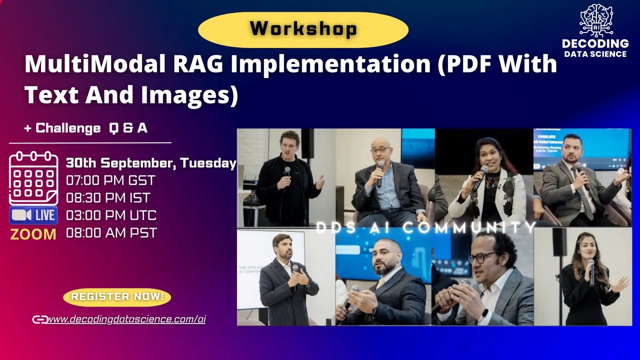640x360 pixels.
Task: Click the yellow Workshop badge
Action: pyautogui.click(x=303, y=28)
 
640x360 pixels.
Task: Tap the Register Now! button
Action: pyautogui.click(x=117, y=296)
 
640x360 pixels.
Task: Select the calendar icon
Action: pyautogui.click(x=33, y=177)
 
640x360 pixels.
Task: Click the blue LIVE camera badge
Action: pyautogui.click(x=33, y=215)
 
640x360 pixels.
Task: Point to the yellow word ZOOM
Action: pyautogui.click(x=33, y=234)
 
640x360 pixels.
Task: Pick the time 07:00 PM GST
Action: pyautogui.click(x=110, y=180)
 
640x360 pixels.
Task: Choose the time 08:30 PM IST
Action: pyautogui.click(x=108, y=197)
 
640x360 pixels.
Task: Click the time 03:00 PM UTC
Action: pyautogui.click(x=111, y=215)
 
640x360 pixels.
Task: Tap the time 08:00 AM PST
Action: pyautogui.click(x=111, y=233)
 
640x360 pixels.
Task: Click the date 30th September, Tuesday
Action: pyautogui.click(x=151, y=162)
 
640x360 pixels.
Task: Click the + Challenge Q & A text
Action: pyautogui.click(x=85, y=128)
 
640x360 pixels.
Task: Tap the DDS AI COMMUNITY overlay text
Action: pyautogui.click(x=426, y=228)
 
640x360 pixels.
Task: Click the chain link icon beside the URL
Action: pyautogui.click(x=39, y=319)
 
